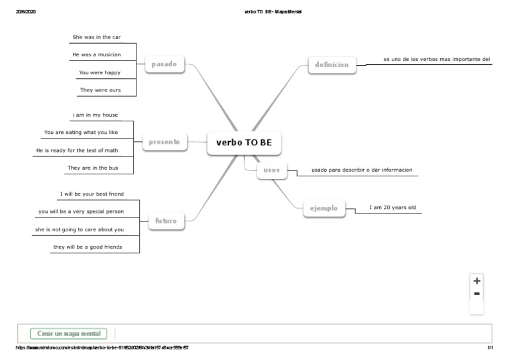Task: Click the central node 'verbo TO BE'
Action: click(244, 143)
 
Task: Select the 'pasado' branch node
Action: click(164, 64)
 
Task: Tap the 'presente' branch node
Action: click(164, 141)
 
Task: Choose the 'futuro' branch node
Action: click(166, 220)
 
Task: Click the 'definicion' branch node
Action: click(332, 64)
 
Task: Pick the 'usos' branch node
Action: click(272, 170)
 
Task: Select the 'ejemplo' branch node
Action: click(323, 208)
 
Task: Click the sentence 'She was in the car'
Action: click(97, 37)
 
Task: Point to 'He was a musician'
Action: click(97, 54)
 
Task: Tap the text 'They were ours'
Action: click(101, 90)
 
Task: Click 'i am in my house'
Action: click(95, 115)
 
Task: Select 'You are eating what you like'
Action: click(81, 133)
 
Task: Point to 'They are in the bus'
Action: click(93, 168)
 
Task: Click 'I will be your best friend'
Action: click(92, 194)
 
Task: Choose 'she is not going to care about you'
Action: click(80, 229)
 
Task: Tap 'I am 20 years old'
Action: click(393, 208)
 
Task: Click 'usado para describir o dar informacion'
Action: click(362, 170)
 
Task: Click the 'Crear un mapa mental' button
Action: click(69, 333)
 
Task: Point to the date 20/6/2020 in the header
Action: click(25, 12)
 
